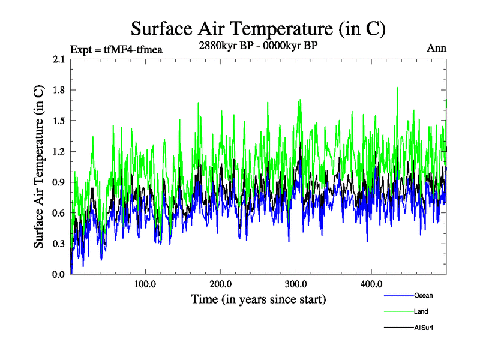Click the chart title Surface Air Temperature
click(x=258, y=28)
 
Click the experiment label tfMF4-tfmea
click(x=116, y=49)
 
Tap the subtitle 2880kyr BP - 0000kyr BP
click(x=258, y=46)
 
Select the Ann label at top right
click(x=436, y=48)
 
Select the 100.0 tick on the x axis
click(x=145, y=284)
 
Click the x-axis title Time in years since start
click(x=258, y=298)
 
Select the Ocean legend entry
click(x=423, y=295)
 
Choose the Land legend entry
click(x=421, y=311)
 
